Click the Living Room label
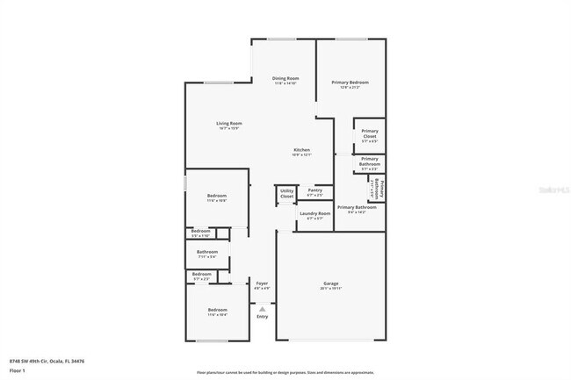click(x=228, y=125)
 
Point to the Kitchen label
click(x=301, y=152)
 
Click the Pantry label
click(x=314, y=190)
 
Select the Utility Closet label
click(x=286, y=193)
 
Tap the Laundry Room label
click(x=314, y=215)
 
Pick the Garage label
click(x=331, y=285)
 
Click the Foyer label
click(x=262, y=285)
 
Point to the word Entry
click(x=262, y=316)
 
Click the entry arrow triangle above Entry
click(x=262, y=307)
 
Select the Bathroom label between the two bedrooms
click(x=206, y=255)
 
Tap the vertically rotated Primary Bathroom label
click(x=381, y=189)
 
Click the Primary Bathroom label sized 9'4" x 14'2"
click(x=357, y=209)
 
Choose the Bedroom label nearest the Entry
click(x=217, y=312)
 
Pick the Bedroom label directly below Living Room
click(x=217, y=197)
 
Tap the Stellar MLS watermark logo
click(x=552, y=188)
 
